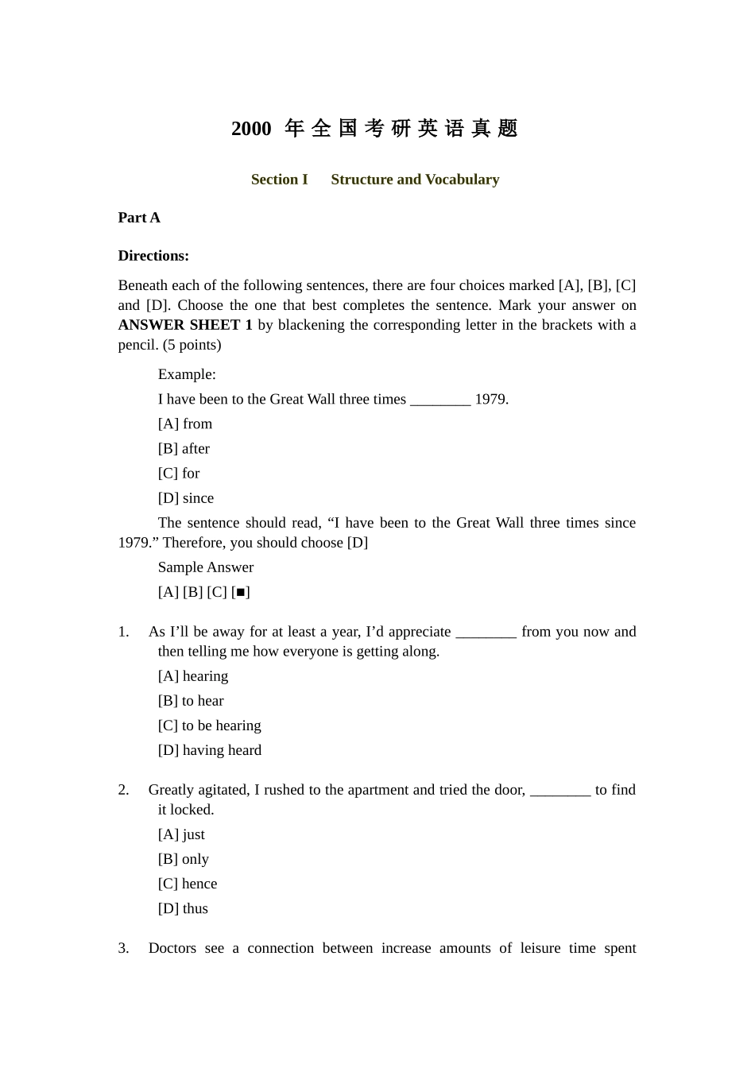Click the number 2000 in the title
[x=251, y=129]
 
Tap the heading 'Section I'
[x=279, y=180]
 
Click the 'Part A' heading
[x=139, y=218]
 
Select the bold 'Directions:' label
[x=153, y=256]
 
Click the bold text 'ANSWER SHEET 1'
[x=185, y=325]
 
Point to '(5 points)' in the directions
[x=192, y=345]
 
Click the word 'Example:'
[x=187, y=374]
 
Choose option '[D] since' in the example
[x=186, y=498]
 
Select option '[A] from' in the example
[x=185, y=424]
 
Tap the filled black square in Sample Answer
[x=241, y=592]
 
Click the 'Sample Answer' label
[x=206, y=567]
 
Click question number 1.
[x=123, y=632]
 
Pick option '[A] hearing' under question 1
[x=193, y=676]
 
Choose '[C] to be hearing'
[x=209, y=726]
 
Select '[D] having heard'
[x=210, y=750]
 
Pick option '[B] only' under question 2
[x=184, y=859]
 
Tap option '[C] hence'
[x=188, y=884]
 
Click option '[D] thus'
[x=183, y=908]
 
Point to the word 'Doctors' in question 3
[x=172, y=948]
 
